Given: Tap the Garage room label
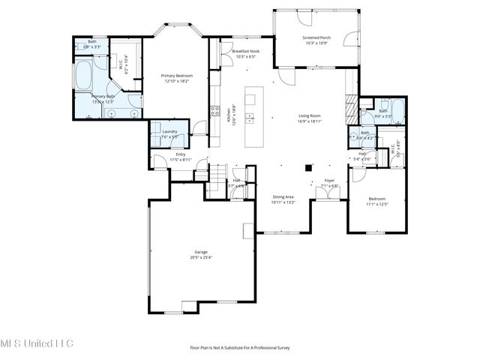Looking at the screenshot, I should [x=201, y=254].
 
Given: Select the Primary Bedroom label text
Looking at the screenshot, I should [x=177, y=78].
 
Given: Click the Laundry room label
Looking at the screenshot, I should [x=169, y=133].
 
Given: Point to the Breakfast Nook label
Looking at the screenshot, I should [x=245, y=53].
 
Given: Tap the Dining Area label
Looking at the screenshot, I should [x=284, y=199].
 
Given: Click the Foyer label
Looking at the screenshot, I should [x=329, y=182].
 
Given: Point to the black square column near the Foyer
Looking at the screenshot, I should [x=307, y=169].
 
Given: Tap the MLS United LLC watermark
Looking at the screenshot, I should [x=37, y=343].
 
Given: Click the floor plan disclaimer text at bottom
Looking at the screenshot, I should [x=240, y=348].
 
